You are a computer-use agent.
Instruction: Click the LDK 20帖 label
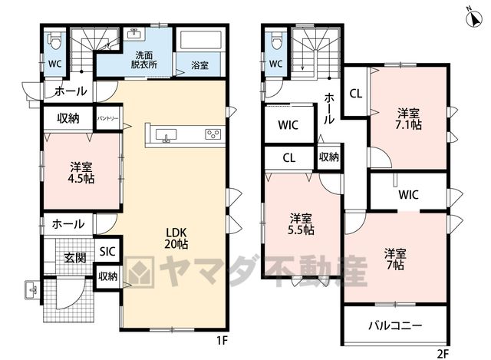point(176,238)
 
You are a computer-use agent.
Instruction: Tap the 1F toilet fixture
point(54,41)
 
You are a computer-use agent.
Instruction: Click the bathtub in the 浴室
point(199,39)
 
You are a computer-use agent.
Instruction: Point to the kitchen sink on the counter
point(166,135)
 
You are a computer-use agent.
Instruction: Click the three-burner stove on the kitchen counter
point(213,134)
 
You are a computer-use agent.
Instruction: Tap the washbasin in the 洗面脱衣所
point(136,34)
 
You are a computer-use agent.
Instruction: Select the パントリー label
point(107,118)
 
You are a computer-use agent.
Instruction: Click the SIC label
point(107,251)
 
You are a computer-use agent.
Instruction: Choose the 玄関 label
point(75,258)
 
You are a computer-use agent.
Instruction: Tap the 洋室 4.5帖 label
point(81,172)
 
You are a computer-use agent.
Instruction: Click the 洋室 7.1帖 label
point(408,119)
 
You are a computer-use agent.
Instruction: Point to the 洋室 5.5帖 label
point(301,224)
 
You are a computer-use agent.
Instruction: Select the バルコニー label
point(395,326)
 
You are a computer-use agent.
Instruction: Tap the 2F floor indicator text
point(443,354)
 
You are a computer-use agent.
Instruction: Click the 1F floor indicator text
point(222,340)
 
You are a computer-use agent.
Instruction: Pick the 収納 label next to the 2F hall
point(329,157)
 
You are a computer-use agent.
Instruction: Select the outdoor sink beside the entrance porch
point(32,290)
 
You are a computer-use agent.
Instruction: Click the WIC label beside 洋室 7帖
point(409,195)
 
